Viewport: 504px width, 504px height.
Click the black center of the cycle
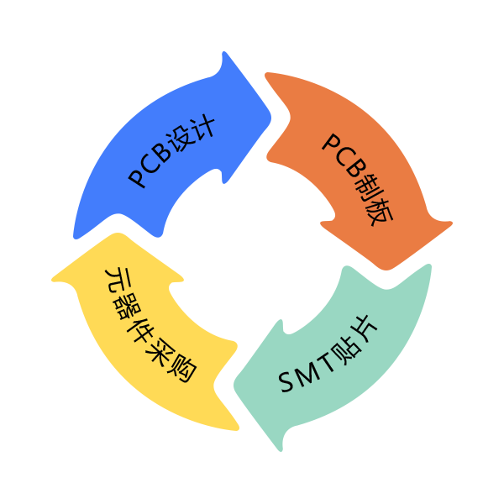click(x=252, y=252)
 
